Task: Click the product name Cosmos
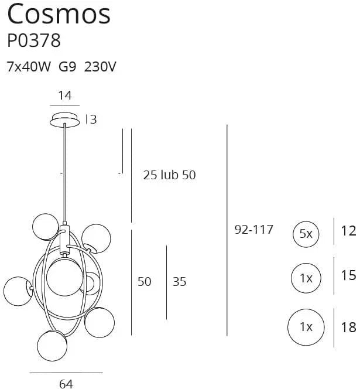coord(59,14)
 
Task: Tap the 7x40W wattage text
coord(28,67)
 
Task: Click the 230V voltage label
coord(100,67)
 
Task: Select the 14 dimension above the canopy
coord(65,95)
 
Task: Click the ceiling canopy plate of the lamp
coord(65,120)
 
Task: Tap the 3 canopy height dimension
coord(92,120)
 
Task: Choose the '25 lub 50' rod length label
coord(169,175)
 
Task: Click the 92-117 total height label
coord(253,230)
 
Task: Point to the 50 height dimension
coord(144,282)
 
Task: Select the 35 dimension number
coord(179,282)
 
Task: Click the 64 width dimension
coord(66,384)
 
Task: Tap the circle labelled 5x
coord(306,234)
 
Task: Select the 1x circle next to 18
coord(306,327)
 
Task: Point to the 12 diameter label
coord(348,231)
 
